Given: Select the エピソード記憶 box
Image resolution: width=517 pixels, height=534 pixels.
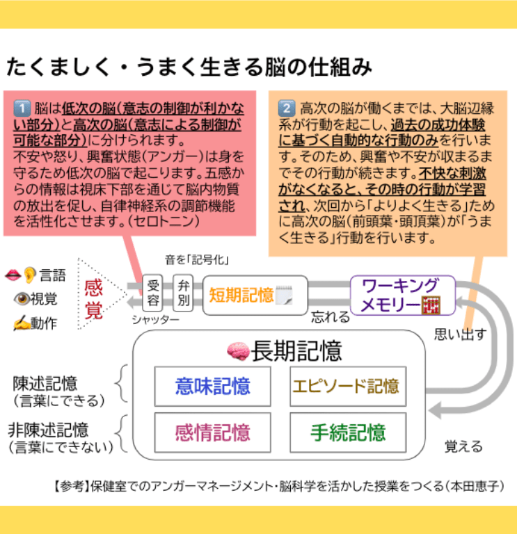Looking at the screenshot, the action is click(x=346, y=386).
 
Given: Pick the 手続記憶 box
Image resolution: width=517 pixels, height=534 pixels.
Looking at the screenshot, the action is click(x=346, y=433).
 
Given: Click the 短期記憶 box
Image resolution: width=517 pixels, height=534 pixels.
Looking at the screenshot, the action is click(x=255, y=295).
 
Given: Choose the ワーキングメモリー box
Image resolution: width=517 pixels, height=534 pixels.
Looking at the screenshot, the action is click(x=402, y=295).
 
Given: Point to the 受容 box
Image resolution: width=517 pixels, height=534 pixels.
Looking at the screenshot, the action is click(x=154, y=294).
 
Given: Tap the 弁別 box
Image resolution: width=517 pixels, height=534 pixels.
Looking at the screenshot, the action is click(x=183, y=294).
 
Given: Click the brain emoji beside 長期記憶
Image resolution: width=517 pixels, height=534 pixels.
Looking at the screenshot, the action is click(x=239, y=352).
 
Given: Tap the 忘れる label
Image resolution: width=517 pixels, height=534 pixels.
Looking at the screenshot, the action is click(x=331, y=318).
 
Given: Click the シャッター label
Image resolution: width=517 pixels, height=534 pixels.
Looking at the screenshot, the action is click(x=155, y=319).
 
